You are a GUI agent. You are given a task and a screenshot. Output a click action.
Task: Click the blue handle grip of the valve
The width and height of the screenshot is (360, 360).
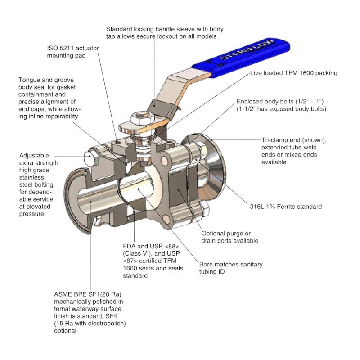coord(243,58)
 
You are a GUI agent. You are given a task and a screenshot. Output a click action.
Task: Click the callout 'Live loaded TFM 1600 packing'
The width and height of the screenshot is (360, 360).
coord(293,73)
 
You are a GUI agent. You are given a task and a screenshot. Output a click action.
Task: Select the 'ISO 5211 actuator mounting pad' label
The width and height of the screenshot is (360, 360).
coord(72,51)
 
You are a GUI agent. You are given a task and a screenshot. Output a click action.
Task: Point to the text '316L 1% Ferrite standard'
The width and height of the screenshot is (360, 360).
coord(286,207)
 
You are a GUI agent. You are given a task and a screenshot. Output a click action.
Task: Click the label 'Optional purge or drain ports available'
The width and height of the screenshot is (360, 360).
coord(229,237)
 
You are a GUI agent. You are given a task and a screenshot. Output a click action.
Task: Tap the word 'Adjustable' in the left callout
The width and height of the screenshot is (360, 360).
coord(34,156)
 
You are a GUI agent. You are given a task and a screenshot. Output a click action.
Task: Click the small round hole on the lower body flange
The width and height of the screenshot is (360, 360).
coord(169,220)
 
